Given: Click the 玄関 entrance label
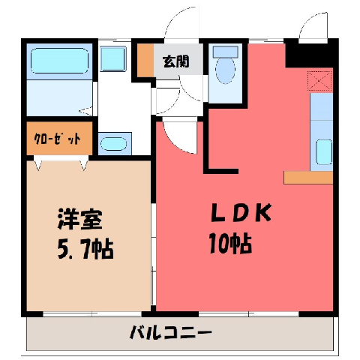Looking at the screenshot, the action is [175, 61].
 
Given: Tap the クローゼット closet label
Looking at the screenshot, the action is [57, 139].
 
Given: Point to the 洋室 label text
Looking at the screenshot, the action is [80, 219].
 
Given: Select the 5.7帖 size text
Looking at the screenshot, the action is [85, 249].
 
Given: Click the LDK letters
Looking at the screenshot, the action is [241, 213].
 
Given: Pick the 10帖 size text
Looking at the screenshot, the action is [230, 244].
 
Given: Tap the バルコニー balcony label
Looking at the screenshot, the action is [171, 332].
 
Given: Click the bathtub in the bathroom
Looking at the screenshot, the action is [60, 61].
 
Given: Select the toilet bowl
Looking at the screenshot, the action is [225, 70].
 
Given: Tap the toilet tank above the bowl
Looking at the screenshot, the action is [225, 52].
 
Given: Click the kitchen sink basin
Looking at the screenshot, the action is [324, 152].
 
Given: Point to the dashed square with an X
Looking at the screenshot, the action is [319, 81].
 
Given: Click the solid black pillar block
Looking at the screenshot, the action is [309, 53].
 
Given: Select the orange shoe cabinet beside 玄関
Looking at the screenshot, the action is [145, 61].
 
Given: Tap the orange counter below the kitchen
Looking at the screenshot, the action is [308, 178].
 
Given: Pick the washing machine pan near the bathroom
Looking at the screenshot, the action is [112, 58].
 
